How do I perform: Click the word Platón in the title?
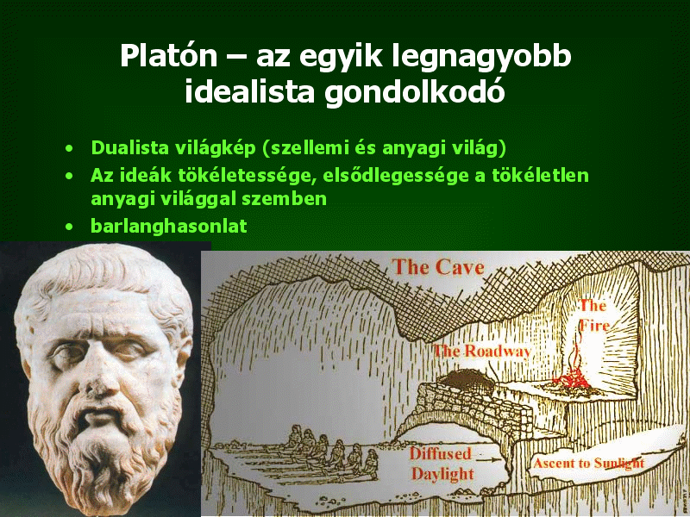pos(169,56)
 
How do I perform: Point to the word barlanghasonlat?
pos(168,227)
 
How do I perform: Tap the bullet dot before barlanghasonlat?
pos(69,227)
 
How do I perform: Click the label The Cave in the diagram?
pos(438,267)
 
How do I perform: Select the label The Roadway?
pos(482,352)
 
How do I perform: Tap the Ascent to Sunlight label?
pos(589,463)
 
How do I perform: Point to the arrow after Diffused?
pos(489,459)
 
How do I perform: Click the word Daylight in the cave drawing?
pos(442,474)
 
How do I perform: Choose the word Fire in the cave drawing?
pos(594,326)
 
